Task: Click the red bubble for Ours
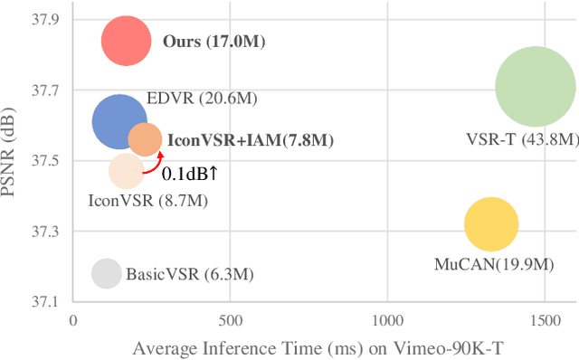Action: click(x=126, y=41)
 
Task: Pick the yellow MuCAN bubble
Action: click(x=491, y=225)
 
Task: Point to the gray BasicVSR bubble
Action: click(x=107, y=273)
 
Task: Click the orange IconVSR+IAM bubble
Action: click(x=145, y=139)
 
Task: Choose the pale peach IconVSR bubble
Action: click(x=127, y=171)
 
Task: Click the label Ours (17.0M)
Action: click(x=214, y=42)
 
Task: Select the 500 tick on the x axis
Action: click(x=231, y=320)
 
